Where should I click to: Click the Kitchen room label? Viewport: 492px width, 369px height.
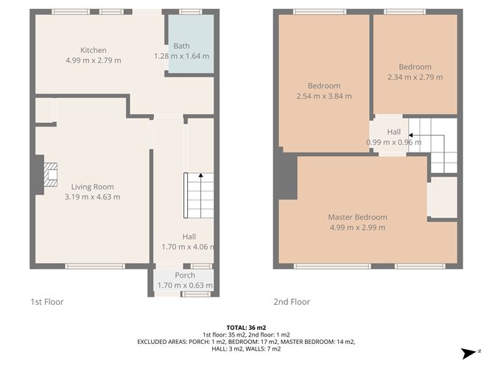coord(94,50)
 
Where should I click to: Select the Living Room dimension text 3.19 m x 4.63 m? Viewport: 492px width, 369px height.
coord(93,197)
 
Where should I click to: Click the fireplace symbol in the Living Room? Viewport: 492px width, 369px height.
coord(49,178)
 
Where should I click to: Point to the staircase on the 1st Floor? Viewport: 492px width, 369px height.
coord(199,194)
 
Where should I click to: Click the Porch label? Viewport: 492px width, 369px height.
coord(185,275)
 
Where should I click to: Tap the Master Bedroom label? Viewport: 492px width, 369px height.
coord(357,217)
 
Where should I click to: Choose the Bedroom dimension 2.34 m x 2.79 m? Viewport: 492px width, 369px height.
coord(415,76)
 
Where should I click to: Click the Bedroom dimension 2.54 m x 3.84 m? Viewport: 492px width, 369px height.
coord(323,96)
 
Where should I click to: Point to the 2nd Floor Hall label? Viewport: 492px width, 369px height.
coord(394,132)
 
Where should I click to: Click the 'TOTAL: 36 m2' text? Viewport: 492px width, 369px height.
coord(246,326)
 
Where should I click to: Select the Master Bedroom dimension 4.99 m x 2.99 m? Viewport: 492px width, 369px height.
coord(357,227)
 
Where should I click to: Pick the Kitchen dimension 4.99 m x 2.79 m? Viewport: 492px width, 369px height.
coord(94,60)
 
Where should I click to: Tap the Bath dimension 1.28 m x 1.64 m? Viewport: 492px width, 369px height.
coord(181,55)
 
